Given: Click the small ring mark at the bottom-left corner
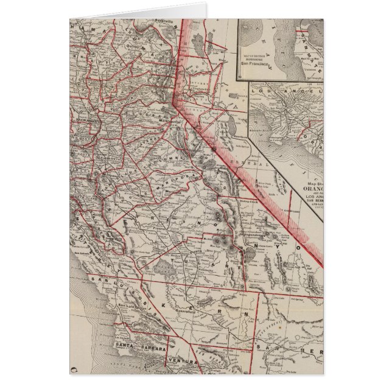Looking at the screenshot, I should coord(74,369).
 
